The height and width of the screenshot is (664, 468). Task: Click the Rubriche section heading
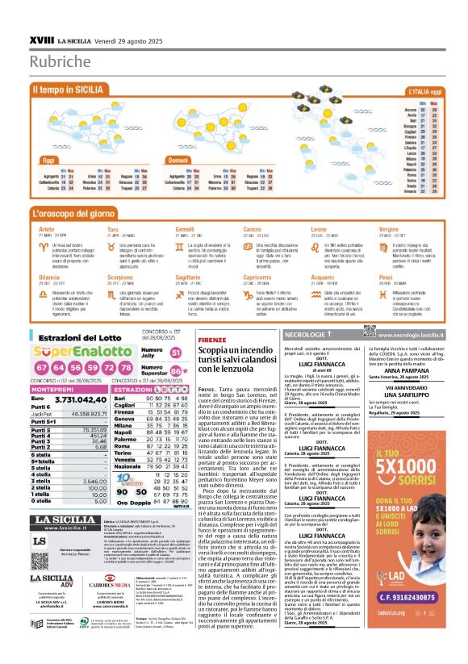tap(61, 62)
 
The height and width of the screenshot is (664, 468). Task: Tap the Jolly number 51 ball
tap(176, 353)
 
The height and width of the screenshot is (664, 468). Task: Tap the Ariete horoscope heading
tap(47, 229)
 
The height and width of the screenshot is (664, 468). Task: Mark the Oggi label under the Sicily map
tap(48, 161)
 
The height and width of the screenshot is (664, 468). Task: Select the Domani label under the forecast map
tap(179, 161)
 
